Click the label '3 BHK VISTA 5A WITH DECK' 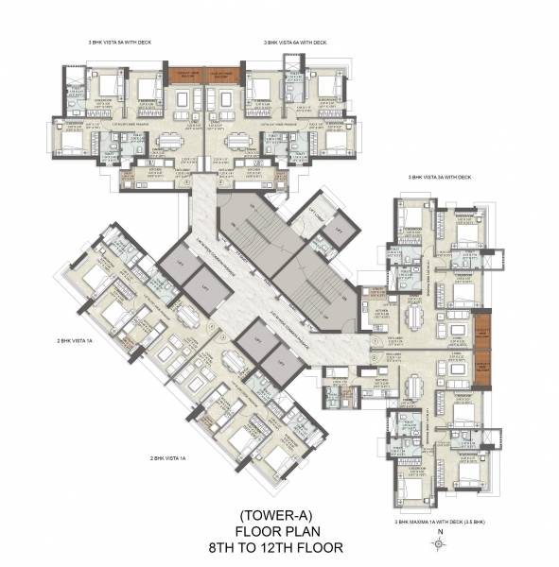pos(114,43)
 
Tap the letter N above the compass pos(440,534)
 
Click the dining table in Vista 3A pos(412,314)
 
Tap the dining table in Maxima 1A pos(412,387)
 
